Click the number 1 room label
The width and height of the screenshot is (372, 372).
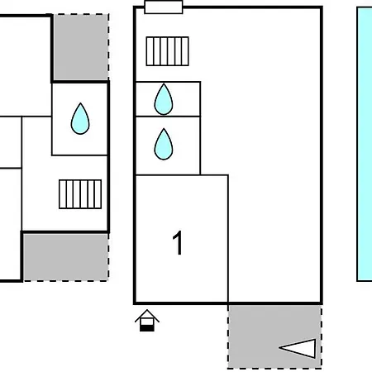click(178, 244)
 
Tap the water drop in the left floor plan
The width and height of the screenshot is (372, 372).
click(80, 118)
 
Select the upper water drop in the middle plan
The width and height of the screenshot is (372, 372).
click(164, 99)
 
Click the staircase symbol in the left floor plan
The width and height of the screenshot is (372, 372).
click(80, 193)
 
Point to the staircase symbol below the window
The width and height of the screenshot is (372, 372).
click(167, 51)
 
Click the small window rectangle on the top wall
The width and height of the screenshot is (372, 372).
click(163, 7)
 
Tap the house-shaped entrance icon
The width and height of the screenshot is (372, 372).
click(147, 320)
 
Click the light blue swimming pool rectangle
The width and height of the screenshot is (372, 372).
click(365, 145)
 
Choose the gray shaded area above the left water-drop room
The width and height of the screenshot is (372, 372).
click(80, 47)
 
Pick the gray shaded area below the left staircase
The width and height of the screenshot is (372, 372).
click(64, 256)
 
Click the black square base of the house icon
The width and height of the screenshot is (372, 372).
click(147, 326)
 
